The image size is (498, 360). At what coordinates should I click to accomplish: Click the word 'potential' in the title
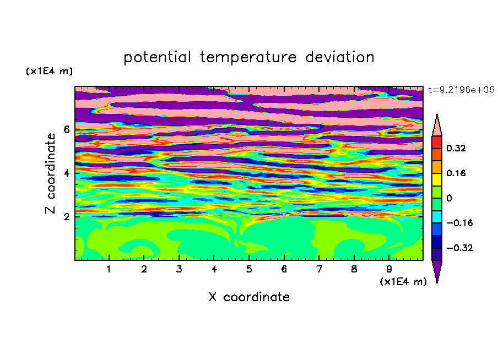(157, 58)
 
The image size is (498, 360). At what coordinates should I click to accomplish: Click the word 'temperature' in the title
(248, 58)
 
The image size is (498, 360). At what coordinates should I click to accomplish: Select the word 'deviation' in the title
(340, 57)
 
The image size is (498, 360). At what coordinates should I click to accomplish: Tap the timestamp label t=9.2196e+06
(461, 90)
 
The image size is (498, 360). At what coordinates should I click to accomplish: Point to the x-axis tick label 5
(249, 269)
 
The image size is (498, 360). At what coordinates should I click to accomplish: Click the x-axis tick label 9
(389, 269)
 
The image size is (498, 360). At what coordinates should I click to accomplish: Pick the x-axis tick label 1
(109, 269)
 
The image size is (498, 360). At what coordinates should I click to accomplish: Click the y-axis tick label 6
(66, 129)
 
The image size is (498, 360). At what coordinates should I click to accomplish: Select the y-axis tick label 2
(66, 217)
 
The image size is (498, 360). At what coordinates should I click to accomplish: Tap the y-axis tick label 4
(66, 173)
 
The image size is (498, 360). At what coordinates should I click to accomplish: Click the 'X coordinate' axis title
(249, 297)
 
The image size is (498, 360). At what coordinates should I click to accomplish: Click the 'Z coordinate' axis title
(51, 173)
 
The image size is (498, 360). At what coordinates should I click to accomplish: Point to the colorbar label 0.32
(456, 148)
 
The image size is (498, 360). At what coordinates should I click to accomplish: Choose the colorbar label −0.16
(459, 223)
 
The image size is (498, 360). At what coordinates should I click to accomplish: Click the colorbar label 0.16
(456, 173)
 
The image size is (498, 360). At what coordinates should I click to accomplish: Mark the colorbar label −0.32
(459, 248)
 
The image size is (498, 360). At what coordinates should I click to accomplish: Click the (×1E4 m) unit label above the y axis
(49, 71)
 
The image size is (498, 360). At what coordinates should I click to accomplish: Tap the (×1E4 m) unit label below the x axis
(403, 282)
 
